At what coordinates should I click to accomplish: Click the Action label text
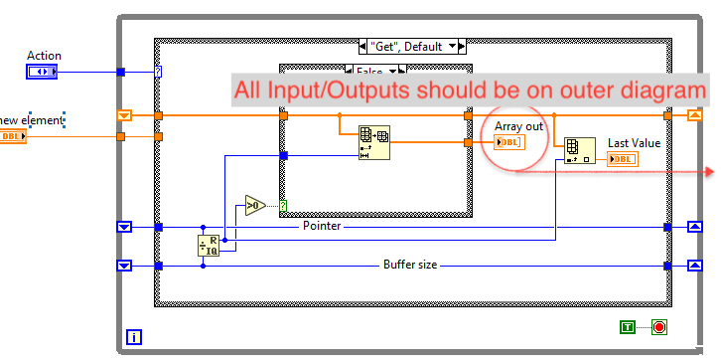point(44,56)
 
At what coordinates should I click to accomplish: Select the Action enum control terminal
point(42,72)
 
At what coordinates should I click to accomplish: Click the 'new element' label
point(33,120)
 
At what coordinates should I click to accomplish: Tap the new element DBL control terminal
point(12,136)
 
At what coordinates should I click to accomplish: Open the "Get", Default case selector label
point(411,46)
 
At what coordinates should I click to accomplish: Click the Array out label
point(519,126)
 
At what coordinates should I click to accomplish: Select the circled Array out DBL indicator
point(508,143)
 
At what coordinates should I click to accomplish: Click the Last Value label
point(634,143)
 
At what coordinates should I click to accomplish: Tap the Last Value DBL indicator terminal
point(623,159)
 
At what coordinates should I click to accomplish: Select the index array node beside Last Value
point(579,150)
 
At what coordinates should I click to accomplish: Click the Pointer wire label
point(322,227)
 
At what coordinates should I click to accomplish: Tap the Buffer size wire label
point(410,265)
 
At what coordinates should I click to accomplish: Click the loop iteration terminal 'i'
point(135,337)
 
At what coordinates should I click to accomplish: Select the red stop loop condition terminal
point(658,326)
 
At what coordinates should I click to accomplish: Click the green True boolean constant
point(628,326)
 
